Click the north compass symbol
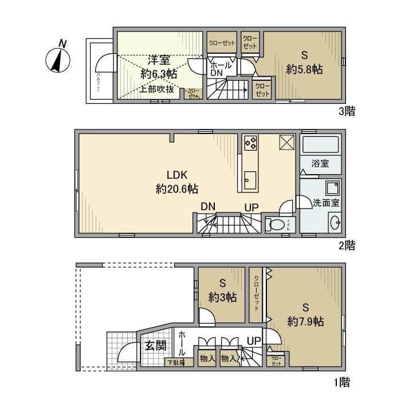pos(57,58)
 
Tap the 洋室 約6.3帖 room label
pos(159,66)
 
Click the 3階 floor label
pos(347,111)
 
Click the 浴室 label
pos(320,163)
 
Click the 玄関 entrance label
pos(155,345)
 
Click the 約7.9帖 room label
pos(306,321)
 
